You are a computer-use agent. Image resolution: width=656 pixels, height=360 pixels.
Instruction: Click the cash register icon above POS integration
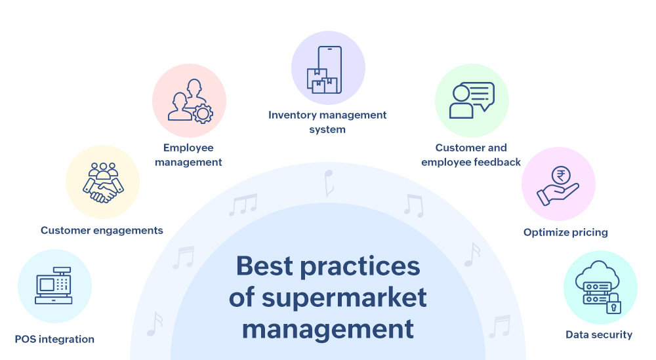54,286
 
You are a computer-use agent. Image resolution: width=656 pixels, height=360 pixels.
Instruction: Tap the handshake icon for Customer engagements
103,187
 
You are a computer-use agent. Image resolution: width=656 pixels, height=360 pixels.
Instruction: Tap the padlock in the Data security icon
613,304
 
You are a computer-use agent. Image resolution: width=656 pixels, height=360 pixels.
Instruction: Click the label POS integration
54,339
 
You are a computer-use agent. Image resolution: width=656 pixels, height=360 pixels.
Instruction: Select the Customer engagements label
102,230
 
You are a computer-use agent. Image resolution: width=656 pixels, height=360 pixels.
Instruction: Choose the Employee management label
189,155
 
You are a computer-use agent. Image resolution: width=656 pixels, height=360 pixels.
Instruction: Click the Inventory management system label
327,122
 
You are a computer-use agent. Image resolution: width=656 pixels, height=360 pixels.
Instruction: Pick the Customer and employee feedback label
471,155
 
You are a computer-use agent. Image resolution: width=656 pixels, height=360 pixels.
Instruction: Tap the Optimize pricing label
565,232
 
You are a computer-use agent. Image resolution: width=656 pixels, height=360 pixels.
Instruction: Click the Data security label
599,334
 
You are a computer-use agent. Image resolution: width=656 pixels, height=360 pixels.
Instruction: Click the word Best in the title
272,266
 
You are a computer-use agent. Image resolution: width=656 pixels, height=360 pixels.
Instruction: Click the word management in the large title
328,328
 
